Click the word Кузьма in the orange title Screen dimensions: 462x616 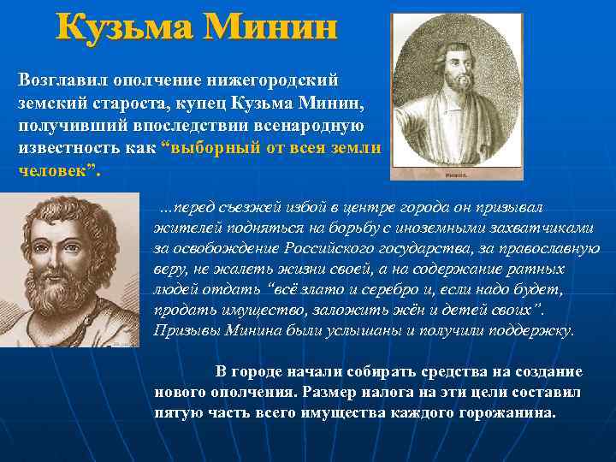122,29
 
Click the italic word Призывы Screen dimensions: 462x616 182,330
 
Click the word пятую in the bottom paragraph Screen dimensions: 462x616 178,412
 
